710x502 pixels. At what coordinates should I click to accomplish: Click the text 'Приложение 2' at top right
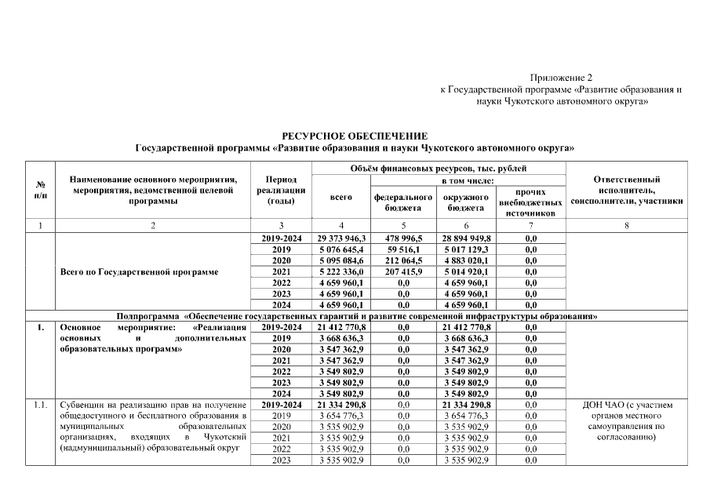click(561, 78)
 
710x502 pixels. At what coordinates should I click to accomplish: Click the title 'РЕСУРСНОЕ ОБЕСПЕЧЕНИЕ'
click(355, 136)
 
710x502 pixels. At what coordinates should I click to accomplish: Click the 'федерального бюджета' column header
click(403, 202)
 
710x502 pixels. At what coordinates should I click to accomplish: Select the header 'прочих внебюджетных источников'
click(530, 202)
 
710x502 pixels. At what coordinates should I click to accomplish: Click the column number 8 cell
click(626, 226)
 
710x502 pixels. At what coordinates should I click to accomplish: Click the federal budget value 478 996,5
click(403, 238)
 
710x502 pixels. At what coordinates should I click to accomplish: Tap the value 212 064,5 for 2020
click(403, 260)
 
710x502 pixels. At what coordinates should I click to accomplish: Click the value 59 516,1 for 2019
click(403, 249)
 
